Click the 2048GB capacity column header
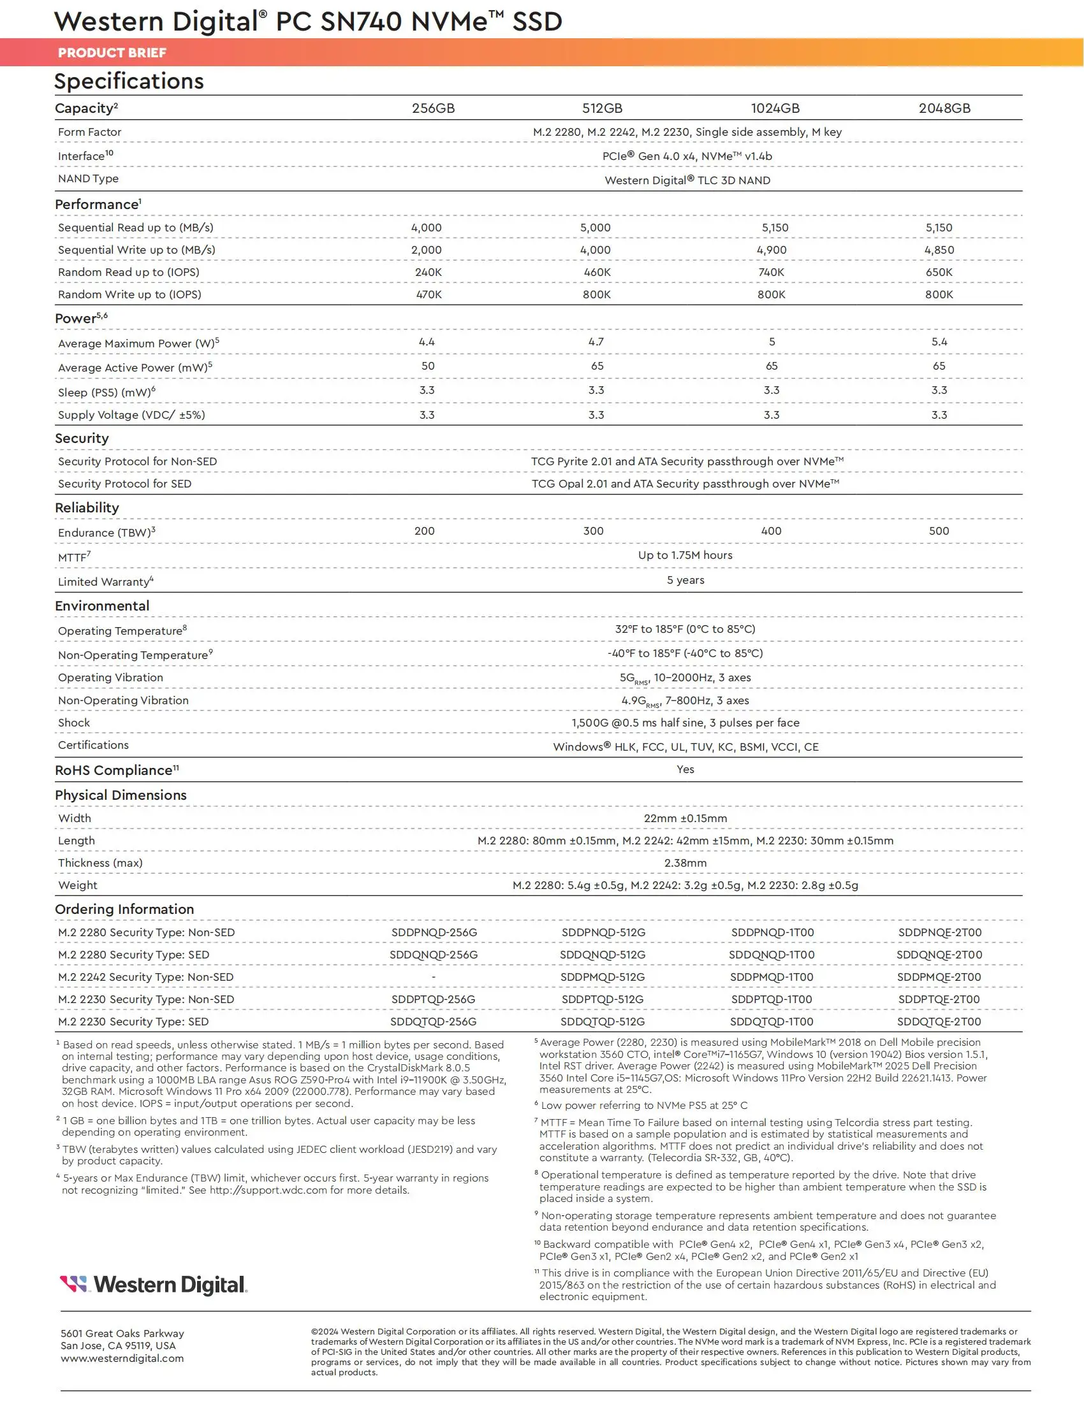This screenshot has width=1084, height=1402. [x=944, y=108]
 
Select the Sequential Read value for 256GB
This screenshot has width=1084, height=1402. [x=427, y=228]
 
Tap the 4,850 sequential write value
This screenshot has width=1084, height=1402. [x=939, y=250]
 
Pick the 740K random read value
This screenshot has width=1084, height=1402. [x=772, y=272]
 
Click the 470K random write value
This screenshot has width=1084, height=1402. [x=429, y=294]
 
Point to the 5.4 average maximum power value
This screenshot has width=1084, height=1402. [x=939, y=342]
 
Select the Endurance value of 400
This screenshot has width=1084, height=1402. [x=772, y=531]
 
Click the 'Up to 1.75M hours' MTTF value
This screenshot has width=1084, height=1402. [x=685, y=555]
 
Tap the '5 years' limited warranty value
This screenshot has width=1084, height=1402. [x=685, y=581]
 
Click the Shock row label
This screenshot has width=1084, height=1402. [x=74, y=723]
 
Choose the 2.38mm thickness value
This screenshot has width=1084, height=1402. [x=685, y=864]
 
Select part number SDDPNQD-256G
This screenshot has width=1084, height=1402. [x=434, y=933]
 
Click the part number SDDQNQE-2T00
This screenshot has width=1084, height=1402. [x=939, y=955]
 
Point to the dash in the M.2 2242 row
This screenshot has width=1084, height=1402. [x=434, y=977]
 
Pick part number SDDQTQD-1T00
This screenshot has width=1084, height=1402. [x=772, y=1022]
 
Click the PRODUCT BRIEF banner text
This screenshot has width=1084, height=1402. [x=112, y=53]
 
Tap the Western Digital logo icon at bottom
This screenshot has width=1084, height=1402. [x=73, y=1284]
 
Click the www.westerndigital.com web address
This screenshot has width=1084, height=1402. [x=122, y=1359]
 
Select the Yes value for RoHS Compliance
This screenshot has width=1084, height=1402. [x=685, y=770]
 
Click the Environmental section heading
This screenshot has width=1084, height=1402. [x=102, y=606]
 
